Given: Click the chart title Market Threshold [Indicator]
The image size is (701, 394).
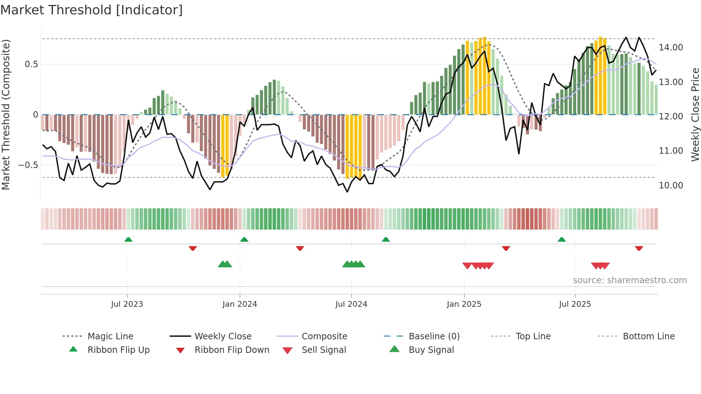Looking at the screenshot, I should click(92, 10).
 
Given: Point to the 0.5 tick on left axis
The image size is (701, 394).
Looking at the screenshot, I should click(31, 64).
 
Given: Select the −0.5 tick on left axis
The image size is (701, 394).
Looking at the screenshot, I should click(28, 165).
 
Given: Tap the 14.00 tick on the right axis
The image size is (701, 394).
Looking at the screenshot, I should click(671, 48).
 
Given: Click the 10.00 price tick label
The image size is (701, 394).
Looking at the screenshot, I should click(671, 186).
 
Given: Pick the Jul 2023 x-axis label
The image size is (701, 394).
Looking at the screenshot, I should click(127, 304).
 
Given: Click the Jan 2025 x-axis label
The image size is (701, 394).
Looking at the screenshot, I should click(464, 304).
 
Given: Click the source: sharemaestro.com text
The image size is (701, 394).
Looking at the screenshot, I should click(629, 280).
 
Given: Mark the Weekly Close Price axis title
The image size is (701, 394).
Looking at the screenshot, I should click(695, 114).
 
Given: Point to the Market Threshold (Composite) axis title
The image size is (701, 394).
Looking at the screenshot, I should click(6, 114).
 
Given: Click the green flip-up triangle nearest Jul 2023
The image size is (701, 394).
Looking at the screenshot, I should click(128, 240).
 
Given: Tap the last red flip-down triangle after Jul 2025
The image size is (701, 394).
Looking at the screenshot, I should click(639, 248).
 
